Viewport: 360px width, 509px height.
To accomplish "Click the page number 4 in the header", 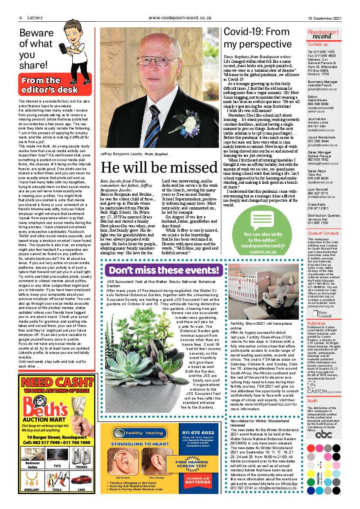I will click(21, 18).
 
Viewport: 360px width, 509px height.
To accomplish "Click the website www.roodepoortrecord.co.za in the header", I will click(180, 18).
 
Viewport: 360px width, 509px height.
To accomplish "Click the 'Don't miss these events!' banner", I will click(164, 270).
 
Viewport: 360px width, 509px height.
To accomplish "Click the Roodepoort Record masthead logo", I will click(323, 34).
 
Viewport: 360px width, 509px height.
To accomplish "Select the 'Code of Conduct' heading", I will click(323, 233).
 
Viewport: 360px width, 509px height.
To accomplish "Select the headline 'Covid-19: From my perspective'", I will click(257, 38).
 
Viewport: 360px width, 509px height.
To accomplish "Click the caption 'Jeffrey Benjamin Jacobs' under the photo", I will click(121, 154).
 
